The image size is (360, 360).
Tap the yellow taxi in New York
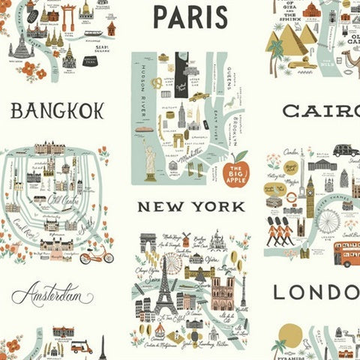[x=198, y=97]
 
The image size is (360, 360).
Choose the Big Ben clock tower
[x=309, y=193]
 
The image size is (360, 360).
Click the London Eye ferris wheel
[x=328, y=220]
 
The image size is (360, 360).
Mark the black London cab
[x=346, y=150]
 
